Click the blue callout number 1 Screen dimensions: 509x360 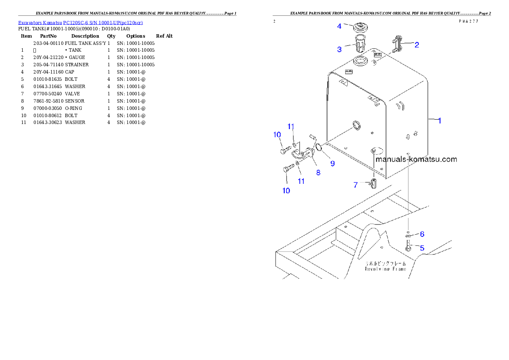(439, 121)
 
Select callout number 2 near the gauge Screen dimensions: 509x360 (416, 44)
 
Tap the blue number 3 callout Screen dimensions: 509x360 (339, 50)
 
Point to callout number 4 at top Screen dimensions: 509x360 (339, 27)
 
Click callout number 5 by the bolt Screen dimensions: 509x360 (422, 248)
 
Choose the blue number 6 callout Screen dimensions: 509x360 (422, 234)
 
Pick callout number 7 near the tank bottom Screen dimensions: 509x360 (355, 185)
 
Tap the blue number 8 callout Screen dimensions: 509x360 (318, 173)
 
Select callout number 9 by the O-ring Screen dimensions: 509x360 (332, 163)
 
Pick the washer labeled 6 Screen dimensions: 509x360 (408, 235)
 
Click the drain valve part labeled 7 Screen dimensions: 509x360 (373, 184)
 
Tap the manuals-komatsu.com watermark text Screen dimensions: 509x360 (416, 159)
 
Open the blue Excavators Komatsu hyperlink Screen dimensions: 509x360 (80, 22)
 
